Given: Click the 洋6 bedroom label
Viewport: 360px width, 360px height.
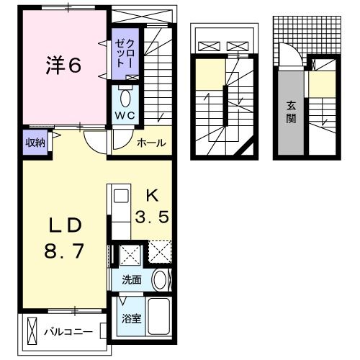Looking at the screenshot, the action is [63, 65].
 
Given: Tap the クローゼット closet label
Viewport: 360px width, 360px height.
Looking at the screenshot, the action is [125, 53].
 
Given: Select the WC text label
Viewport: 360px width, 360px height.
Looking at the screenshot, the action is [125, 116].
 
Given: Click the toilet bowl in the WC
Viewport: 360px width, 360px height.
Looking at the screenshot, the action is [125, 98].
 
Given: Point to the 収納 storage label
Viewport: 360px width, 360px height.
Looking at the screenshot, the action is [35, 143].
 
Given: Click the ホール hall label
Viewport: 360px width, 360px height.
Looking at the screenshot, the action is [151, 143].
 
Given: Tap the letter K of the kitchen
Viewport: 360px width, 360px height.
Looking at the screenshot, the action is [153, 196].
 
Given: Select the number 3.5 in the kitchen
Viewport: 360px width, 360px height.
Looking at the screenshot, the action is [152, 217].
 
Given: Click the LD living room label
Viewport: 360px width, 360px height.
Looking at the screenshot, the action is [66, 226].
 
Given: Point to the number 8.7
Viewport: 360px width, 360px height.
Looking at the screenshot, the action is [64, 251].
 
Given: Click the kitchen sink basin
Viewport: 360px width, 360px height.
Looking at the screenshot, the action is [121, 196].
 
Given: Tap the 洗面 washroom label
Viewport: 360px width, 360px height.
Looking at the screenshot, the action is [132, 280].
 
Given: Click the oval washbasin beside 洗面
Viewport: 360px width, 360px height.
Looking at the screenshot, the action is [160, 280].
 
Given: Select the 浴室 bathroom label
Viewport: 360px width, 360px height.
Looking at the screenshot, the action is [131, 319].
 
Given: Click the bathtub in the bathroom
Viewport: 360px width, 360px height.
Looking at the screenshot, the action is [158, 316].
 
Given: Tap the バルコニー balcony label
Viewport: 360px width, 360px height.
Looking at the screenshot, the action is [68, 332].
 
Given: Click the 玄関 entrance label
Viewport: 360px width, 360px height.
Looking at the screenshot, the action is [291, 112].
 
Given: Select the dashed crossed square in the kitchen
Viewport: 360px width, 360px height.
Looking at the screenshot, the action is [160, 251].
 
